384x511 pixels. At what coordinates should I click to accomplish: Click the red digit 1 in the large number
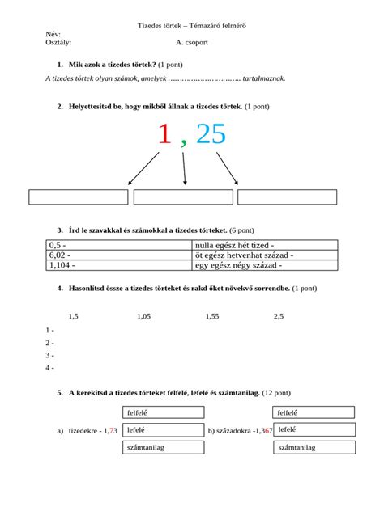click(x=164, y=135)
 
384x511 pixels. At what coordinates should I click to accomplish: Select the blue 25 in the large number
click(x=211, y=135)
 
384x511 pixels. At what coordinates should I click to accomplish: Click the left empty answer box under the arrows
click(x=79, y=197)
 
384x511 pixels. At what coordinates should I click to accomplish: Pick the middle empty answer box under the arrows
click(x=182, y=197)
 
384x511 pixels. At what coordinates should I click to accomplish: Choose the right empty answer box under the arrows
click(x=287, y=197)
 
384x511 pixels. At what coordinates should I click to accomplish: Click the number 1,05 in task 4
click(x=144, y=316)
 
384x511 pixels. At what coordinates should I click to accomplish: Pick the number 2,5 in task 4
click(x=279, y=316)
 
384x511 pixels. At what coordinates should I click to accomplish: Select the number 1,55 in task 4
click(x=212, y=316)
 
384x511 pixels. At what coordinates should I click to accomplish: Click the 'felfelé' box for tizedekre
click(x=163, y=412)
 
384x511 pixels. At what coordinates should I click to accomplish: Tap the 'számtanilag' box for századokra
click(x=313, y=447)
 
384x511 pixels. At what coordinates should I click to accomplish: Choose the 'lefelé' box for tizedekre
click(x=163, y=430)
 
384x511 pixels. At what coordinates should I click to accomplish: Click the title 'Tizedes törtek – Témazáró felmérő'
click(x=192, y=26)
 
